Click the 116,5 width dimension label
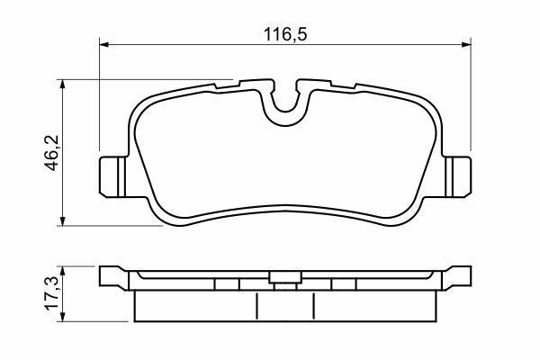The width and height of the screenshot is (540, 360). [285, 34]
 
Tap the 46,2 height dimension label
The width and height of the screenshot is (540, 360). [53, 153]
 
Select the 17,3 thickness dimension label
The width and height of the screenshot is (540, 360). [53, 294]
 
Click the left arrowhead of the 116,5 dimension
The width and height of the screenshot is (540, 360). [104, 44]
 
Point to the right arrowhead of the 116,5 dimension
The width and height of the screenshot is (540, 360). [466, 44]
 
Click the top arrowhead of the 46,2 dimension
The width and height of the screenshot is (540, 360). [62, 84]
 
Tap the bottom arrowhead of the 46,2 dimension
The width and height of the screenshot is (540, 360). [62, 221]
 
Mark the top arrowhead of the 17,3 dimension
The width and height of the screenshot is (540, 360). [62, 271]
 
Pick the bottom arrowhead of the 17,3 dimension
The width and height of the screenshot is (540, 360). [62, 317]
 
